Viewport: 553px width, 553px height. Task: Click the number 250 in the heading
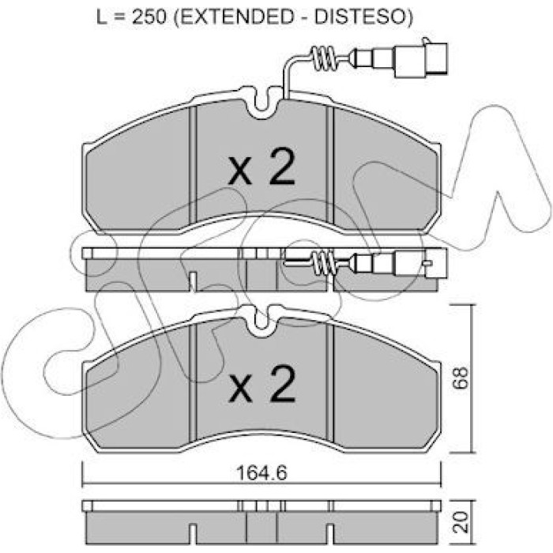[149, 17]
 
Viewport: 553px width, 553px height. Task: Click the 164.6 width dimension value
[261, 473]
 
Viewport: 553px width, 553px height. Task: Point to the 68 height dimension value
[461, 378]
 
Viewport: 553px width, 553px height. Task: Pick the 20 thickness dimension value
[461, 521]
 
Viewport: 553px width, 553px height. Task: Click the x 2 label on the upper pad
[261, 166]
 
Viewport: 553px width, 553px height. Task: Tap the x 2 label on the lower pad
[261, 384]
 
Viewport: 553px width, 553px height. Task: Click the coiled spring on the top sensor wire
[322, 59]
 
